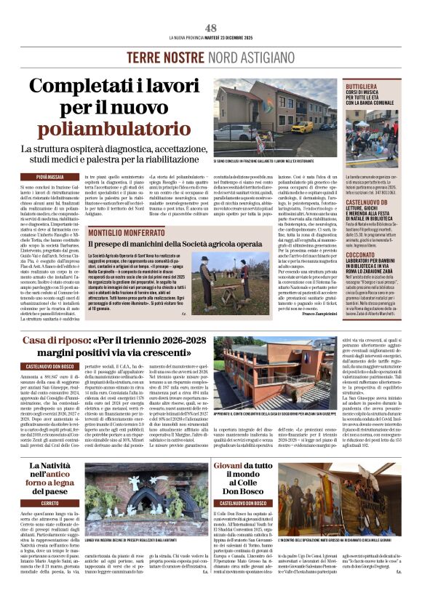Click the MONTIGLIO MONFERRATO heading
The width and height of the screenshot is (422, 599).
click(x=127, y=232)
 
